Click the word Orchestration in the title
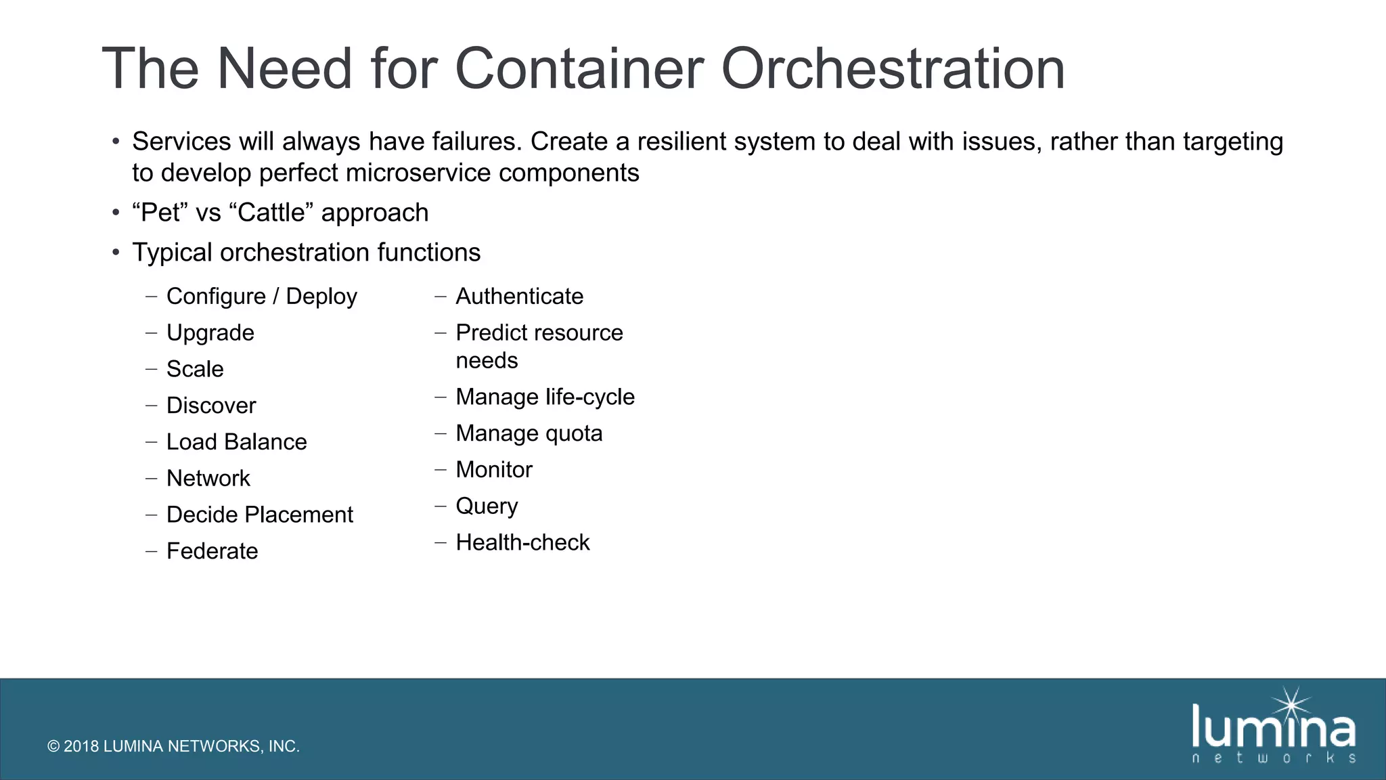[893, 69]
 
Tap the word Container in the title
[579, 69]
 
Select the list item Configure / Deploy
[261, 297]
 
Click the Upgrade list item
[210, 333]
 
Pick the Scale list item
[195, 369]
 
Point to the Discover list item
[211, 406]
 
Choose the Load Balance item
[236, 442]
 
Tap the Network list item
[208, 479]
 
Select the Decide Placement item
[259, 515]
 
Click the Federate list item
[212, 551]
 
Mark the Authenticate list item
[519, 297]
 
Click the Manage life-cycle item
[545, 397]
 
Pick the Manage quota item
[529, 433]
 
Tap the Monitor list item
[494, 470]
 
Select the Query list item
[487, 506]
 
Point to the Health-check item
[522, 542]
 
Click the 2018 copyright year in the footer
[81, 746]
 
